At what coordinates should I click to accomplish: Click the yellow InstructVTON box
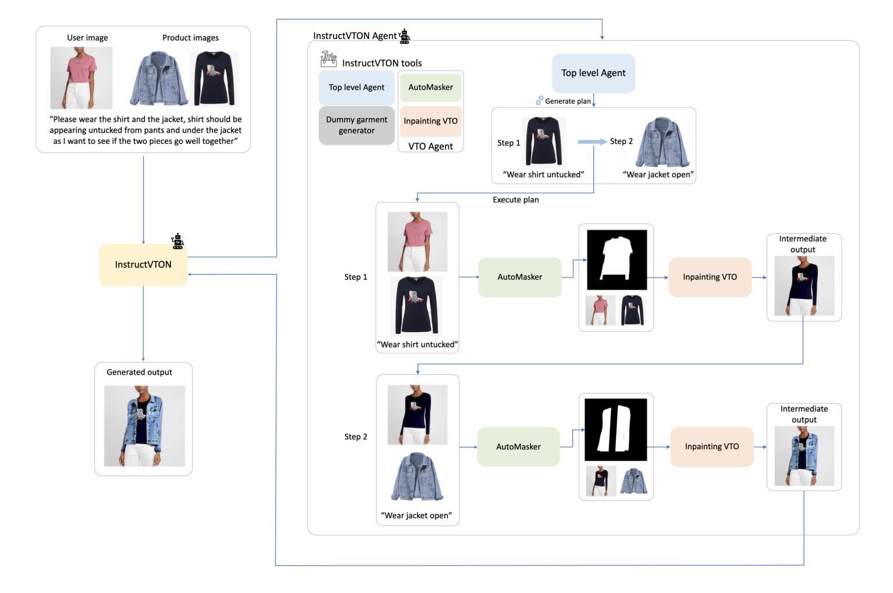point(143,265)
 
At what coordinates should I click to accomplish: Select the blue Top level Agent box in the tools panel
point(356,88)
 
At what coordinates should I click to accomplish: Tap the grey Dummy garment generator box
point(356,125)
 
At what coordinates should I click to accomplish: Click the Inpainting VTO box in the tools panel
point(430,121)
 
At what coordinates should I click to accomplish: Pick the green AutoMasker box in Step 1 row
point(519,277)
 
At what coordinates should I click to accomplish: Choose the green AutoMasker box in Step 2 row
point(518,447)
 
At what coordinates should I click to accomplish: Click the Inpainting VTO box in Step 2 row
point(711,447)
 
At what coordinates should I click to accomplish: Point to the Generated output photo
point(144,426)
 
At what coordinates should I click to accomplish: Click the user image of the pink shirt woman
point(81,78)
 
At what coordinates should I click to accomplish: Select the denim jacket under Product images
point(158,79)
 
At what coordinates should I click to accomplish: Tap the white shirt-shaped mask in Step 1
point(616,260)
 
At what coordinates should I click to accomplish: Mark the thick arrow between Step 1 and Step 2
point(592,142)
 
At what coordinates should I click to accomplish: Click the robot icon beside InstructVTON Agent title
point(405,37)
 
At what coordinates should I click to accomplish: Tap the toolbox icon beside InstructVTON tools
point(328,59)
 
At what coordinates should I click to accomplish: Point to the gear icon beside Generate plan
point(540,101)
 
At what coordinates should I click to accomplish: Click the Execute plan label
point(516,200)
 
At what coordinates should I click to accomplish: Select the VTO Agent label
point(430,146)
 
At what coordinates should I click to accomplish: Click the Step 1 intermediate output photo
point(804,286)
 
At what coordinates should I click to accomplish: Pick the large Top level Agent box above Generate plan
point(593,73)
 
